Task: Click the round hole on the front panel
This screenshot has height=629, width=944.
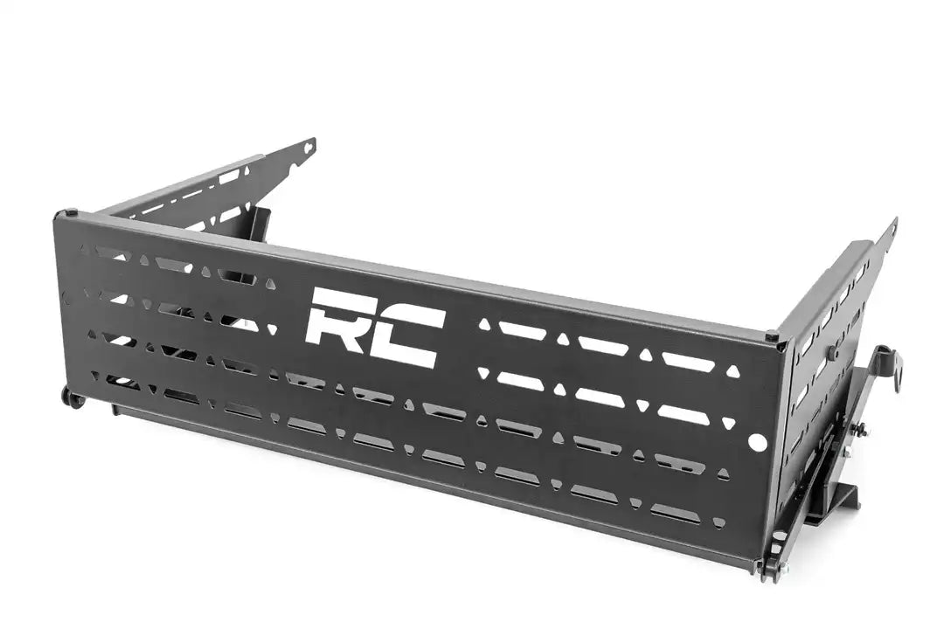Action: (757, 443)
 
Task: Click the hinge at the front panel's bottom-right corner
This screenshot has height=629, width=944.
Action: (769, 568)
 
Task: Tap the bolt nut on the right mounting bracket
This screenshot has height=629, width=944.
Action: (860, 428)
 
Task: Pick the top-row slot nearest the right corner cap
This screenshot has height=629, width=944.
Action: (686, 359)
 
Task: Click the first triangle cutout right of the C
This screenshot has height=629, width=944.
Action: (484, 324)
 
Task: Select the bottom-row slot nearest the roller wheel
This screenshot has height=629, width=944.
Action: (121, 382)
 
